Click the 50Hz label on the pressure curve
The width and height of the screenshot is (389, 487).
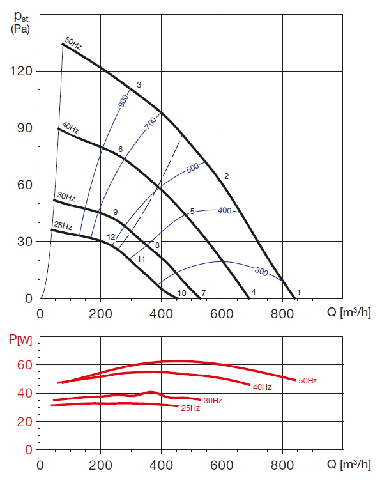tap(73, 45)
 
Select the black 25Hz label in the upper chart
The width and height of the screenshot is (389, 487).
tap(63, 226)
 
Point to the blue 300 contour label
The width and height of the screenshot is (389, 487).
tap(261, 271)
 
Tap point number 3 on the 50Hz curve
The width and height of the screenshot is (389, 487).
tap(139, 85)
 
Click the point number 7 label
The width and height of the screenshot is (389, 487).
tap(203, 293)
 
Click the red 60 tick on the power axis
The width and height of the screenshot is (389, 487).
tap(25, 365)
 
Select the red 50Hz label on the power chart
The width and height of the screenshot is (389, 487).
tap(307, 381)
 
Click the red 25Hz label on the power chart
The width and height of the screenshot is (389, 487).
tap(190, 408)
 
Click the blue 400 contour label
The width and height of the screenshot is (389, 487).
tap(224, 211)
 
